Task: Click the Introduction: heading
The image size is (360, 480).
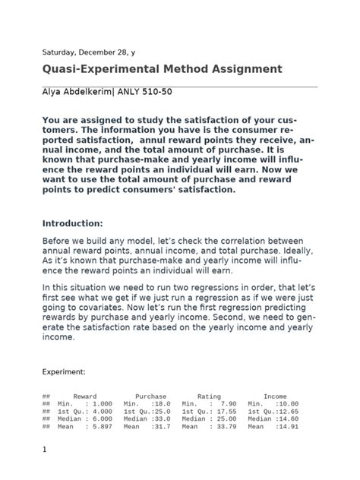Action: [x=72, y=224]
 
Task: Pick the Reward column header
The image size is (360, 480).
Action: [x=84, y=396]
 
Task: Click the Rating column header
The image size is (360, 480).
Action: [x=209, y=396]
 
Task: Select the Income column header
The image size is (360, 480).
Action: [x=275, y=396]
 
